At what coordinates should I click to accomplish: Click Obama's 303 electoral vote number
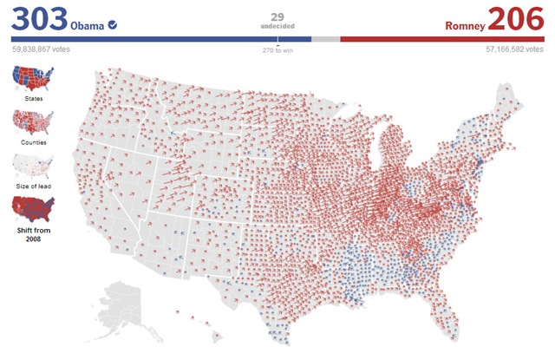click(39, 18)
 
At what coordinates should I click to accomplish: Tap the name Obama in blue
click(87, 26)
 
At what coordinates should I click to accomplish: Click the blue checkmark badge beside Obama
click(112, 25)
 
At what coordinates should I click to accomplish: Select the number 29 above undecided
click(277, 16)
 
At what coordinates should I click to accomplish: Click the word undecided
click(277, 26)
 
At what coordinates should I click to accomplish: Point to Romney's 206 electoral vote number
click(516, 19)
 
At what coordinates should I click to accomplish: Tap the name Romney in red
click(465, 26)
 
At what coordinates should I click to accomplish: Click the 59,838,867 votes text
click(41, 49)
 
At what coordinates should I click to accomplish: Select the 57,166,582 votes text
click(514, 49)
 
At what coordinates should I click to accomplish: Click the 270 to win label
click(277, 50)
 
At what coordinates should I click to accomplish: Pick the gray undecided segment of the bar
click(326, 39)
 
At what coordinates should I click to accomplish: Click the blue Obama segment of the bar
click(161, 39)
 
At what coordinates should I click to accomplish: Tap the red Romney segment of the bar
click(442, 39)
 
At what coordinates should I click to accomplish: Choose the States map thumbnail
click(33, 79)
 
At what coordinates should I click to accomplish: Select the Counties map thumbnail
click(33, 122)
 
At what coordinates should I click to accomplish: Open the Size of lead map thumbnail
click(33, 167)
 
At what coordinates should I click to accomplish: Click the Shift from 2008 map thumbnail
click(33, 209)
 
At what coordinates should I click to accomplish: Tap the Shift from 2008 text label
click(34, 234)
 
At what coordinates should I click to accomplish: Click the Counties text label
click(34, 142)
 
